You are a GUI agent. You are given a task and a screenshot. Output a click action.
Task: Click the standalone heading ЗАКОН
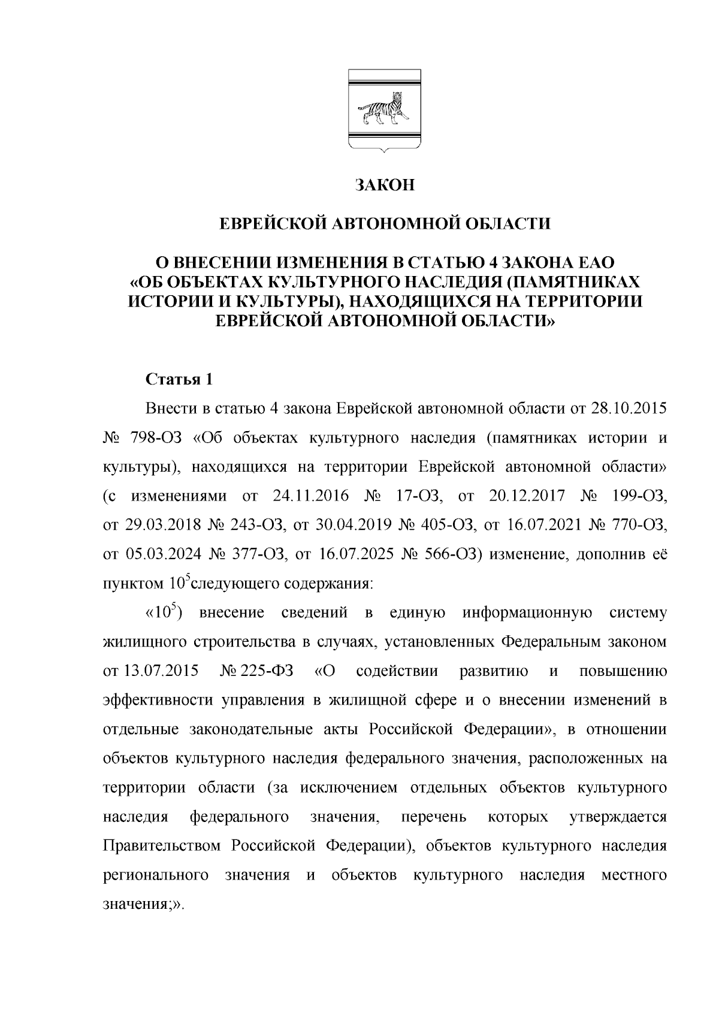point(384,185)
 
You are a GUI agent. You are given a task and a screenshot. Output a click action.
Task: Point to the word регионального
point(155,875)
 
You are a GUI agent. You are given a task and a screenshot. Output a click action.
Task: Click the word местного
point(633,875)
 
